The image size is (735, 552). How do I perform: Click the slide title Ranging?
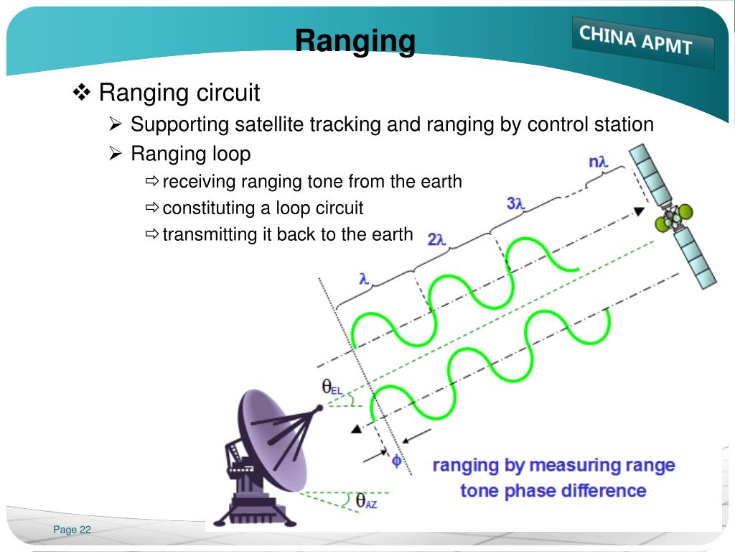click(355, 41)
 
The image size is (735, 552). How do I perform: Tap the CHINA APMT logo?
click(636, 40)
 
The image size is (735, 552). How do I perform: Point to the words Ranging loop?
click(190, 154)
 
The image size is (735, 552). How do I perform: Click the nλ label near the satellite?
click(598, 162)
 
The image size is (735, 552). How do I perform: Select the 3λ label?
click(516, 203)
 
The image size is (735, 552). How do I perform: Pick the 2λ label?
click(437, 239)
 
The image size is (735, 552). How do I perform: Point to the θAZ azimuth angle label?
click(365, 501)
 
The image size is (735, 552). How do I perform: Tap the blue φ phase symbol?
click(396, 461)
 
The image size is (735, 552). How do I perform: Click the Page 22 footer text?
click(72, 530)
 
